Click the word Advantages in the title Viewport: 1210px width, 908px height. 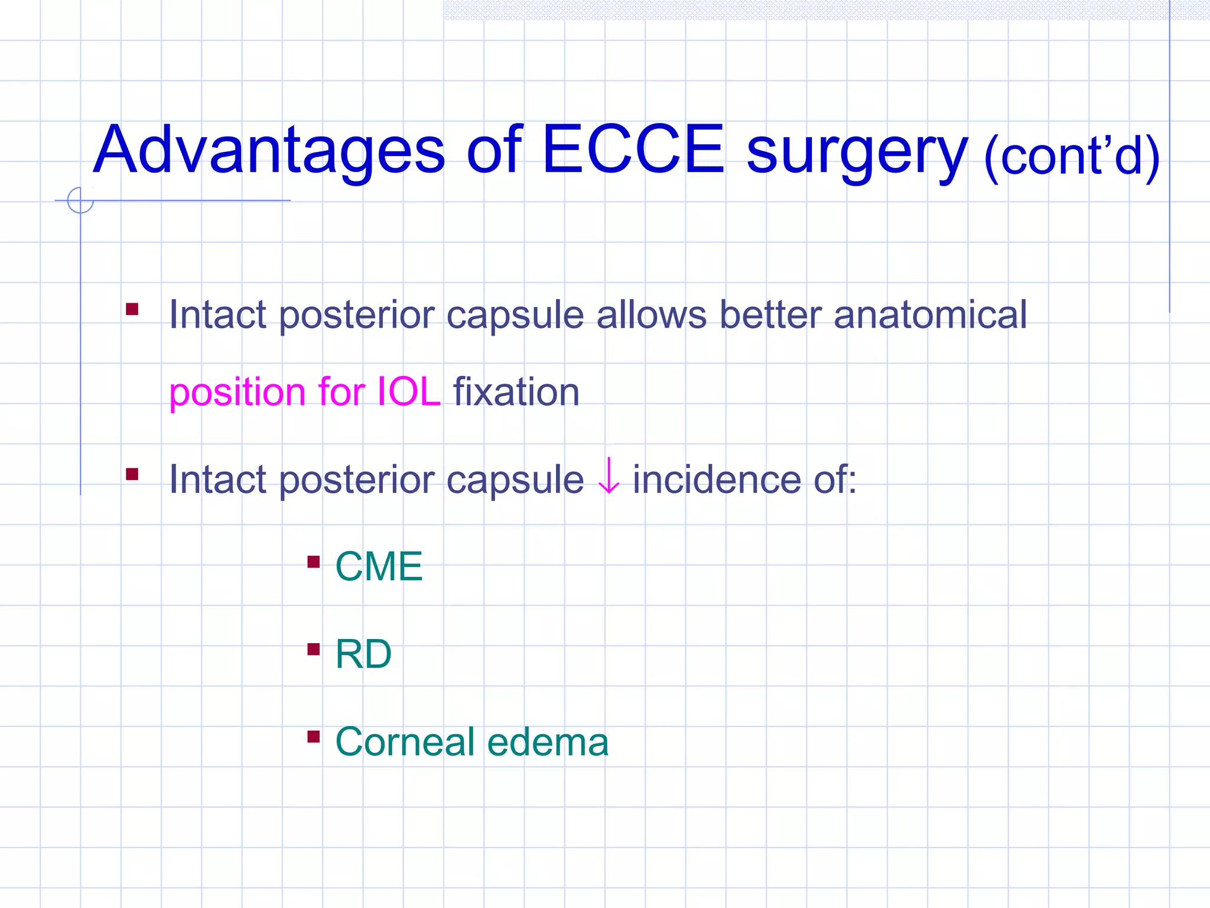(269, 151)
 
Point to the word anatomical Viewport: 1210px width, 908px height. (930, 314)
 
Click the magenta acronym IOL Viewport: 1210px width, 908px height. (408, 392)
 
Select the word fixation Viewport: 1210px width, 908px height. (516, 392)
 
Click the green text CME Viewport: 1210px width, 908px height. (379, 566)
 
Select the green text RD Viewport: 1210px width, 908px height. (363, 654)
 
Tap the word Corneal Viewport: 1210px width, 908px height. (405, 742)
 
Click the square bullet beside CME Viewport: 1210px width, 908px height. (314, 562)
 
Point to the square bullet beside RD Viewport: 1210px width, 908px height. (314, 650)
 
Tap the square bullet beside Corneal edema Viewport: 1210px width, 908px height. (314, 737)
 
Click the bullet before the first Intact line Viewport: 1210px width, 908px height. (132, 309)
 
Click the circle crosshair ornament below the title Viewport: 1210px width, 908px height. (80, 200)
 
